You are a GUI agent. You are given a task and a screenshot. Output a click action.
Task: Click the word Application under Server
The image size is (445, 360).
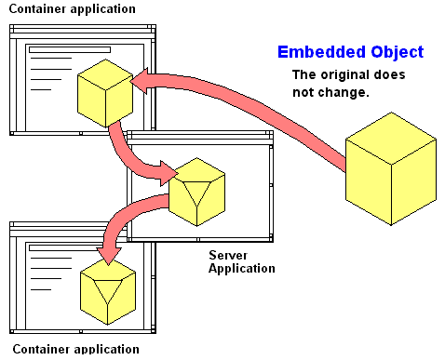[x=241, y=268]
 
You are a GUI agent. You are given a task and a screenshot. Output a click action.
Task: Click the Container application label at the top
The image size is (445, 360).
[x=70, y=8]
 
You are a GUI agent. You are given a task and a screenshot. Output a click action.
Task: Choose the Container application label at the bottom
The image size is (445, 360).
[x=70, y=350]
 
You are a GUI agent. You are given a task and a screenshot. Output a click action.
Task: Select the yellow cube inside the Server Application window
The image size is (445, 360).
[x=197, y=190]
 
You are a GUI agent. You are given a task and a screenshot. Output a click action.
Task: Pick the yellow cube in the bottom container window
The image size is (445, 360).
[x=109, y=290]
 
